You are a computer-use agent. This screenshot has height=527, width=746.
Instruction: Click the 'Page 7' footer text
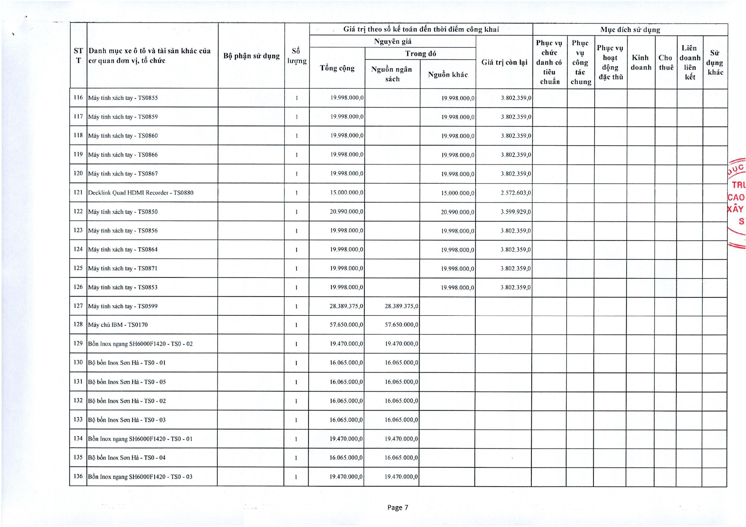pos(397,507)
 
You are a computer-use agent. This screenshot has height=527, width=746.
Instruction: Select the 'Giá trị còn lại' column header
pos(504,62)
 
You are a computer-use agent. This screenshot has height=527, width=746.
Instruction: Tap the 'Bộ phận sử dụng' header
pos(251,56)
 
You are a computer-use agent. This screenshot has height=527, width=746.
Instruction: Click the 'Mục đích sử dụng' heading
pos(630,30)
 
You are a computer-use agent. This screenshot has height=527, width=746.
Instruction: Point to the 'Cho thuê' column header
pos(666,62)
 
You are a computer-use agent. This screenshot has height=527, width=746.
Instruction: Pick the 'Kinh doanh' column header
pos(641,62)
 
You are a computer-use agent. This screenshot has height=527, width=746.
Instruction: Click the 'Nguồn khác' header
pos(448,75)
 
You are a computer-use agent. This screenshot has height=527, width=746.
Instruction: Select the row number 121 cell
pos(78,193)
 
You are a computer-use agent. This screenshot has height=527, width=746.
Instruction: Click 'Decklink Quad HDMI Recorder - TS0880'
pos(141,193)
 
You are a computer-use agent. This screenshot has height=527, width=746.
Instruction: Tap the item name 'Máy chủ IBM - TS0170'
pos(118,325)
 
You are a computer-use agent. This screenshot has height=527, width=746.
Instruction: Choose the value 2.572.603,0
pos(516,193)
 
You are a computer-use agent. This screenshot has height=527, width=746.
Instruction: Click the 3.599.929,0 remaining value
pos(516,212)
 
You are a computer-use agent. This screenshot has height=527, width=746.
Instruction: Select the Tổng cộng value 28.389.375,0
pos(346,306)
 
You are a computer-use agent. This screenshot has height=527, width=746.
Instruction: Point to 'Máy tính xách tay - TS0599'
pos(123,306)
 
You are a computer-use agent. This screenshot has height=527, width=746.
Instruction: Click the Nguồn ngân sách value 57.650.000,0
pos(401,325)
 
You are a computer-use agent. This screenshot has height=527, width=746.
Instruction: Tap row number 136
pos(78,476)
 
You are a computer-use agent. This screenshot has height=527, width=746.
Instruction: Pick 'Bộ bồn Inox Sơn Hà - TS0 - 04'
pos(127,458)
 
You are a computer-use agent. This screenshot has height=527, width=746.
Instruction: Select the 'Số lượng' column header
pos(297,56)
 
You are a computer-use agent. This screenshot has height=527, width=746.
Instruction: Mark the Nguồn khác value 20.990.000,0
pos(457,212)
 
